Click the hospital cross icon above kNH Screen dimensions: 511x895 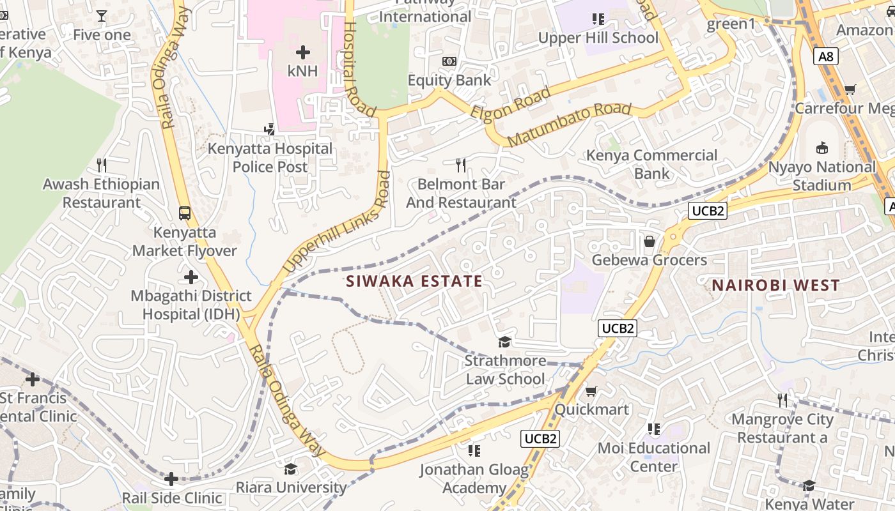(302, 52)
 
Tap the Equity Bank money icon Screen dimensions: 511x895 (449, 61)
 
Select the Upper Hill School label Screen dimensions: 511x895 (598, 38)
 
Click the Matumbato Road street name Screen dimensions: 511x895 (569, 125)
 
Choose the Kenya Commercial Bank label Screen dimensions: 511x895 (652, 164)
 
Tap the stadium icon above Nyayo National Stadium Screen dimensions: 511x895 (822, 148)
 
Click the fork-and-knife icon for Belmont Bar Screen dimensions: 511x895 (460, 165)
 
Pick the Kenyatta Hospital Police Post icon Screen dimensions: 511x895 (269, 130)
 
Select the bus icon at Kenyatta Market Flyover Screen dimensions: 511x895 (185, 213)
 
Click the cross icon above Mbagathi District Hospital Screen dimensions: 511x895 (191, 277)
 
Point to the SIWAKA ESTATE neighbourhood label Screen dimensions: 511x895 (414, 281)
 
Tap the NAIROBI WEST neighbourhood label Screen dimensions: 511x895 (775, 286)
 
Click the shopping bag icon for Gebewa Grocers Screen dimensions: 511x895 (650, 241)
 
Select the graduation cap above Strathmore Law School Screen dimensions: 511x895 (505, 342)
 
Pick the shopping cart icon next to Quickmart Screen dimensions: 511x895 (591, 391)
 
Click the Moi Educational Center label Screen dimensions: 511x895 (653, 457)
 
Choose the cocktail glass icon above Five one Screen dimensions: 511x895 (101, 16)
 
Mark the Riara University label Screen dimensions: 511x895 (291, 487)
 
